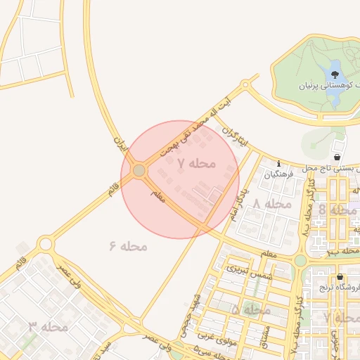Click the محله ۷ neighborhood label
(196, 163)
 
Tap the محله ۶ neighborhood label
(128, 246)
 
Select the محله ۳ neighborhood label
(49, 326)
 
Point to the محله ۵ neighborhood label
(251, 309)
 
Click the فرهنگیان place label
(279, 174)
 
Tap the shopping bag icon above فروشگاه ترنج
(340, 276)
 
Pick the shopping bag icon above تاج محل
(338, 157)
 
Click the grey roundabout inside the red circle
(139, 170)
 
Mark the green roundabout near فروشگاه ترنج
(300, 260)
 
